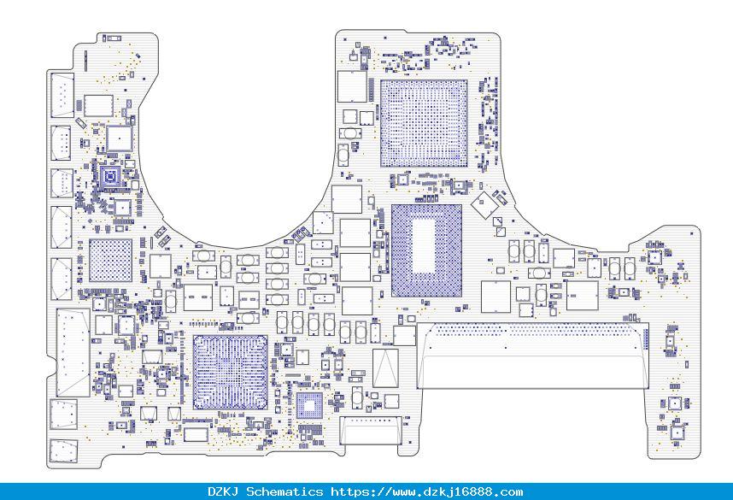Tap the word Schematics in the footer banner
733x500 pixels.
coord(284,491)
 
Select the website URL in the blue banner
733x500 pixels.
coord(427,491)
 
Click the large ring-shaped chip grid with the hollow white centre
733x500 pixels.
coord(426,250)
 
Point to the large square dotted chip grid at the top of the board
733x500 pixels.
coord(424,123)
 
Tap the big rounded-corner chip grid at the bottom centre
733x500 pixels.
coord(231,373)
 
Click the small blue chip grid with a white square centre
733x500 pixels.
coord(309,405)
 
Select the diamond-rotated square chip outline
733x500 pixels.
coord(484,203)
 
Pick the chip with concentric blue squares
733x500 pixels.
coord(111,177)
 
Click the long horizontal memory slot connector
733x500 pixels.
coord(532,355)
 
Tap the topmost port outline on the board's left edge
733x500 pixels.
coord(62,95)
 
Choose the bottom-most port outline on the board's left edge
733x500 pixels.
coord(63,451)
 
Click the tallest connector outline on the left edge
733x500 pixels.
coord(73,353)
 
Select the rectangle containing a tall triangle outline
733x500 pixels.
coord(385,368)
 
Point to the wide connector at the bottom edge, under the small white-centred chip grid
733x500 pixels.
coord(370,430)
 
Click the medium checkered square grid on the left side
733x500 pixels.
coord(110,261)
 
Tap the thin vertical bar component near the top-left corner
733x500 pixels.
coord(85,61)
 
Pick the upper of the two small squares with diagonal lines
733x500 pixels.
coord(498,221)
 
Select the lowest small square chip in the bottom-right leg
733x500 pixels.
coord(677,432)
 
